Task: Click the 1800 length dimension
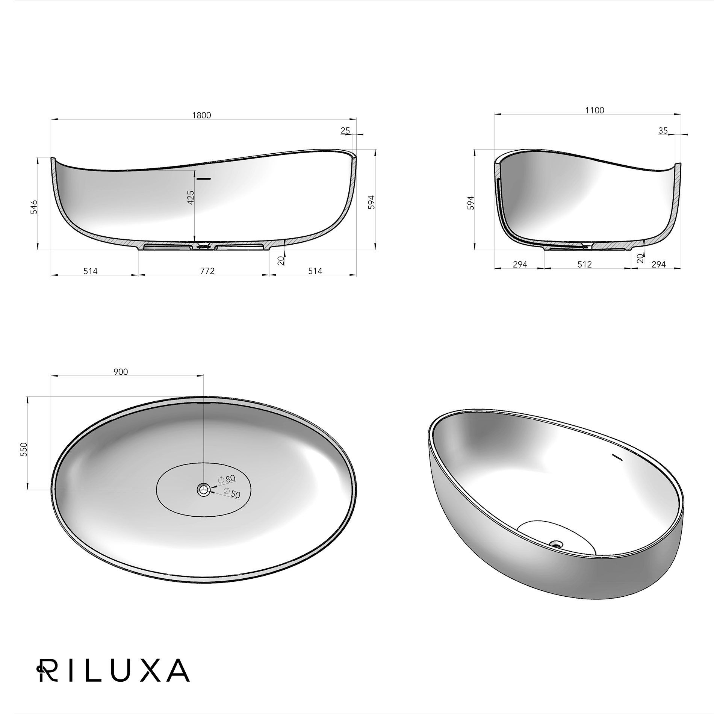pyautogui.click(x=202, y=115)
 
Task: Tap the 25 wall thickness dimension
pyautogui.click(x=345, y=130)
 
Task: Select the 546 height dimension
pyautogui.click(x=34, y=207)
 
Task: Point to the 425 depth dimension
pyautogui.click(x=191, y=197)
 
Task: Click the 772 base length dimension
pyautogui.click(x=207, y=271)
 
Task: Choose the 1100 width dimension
pyautogui.click(x=594, y=110)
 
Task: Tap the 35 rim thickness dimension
pyautogui.click(x=663, y=130)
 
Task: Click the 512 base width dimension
pyautogui.click(x=584, y=264)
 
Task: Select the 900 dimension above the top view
pyautogui.click(x=121, y=372)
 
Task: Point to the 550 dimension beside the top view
pyautogui.click(x=24, y=449)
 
